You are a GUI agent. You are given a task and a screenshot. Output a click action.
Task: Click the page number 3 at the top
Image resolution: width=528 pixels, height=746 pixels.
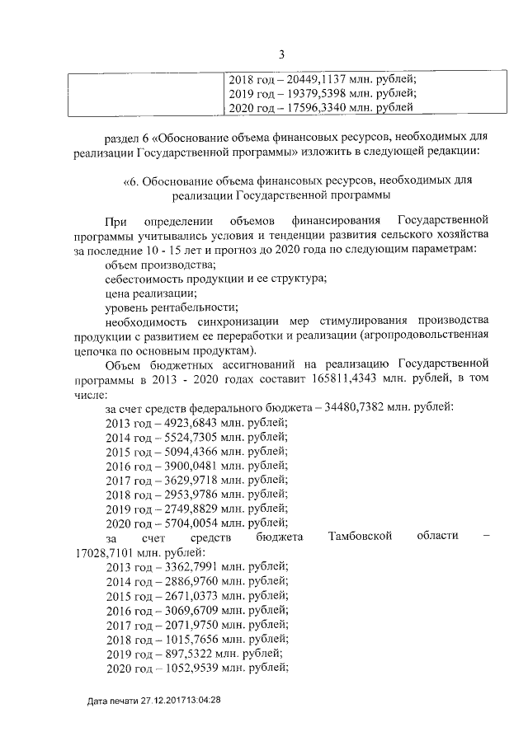point(281,55)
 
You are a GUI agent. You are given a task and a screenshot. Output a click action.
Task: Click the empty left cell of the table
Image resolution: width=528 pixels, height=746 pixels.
point(145,94)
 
